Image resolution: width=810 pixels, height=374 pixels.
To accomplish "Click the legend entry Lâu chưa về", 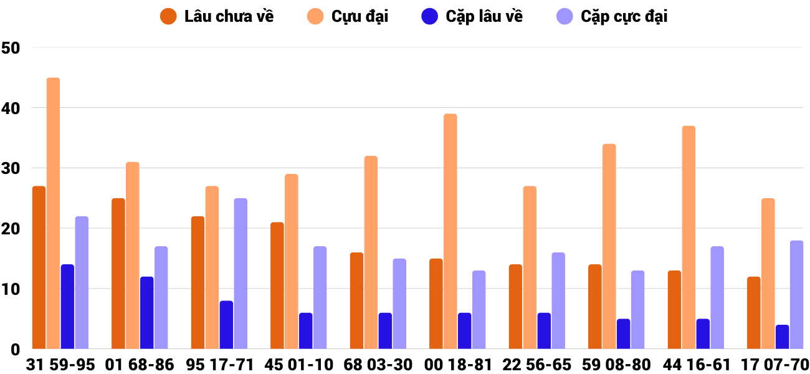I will (217, 17).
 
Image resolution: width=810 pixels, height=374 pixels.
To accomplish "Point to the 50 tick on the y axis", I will (11, 48).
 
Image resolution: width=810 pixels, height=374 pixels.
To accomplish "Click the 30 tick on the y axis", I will (11, 168).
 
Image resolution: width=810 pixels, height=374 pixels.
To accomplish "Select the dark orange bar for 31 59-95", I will (39, 267).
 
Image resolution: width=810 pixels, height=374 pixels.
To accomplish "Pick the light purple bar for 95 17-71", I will (241, 274).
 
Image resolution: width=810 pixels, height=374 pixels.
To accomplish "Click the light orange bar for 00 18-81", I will (450, 231).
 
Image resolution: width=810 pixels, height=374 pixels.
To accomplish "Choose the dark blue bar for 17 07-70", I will (782, 337).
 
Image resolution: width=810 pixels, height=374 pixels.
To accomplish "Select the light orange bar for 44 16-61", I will (688, 237).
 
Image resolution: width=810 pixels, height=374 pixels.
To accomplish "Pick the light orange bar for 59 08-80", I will (609, 247).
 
